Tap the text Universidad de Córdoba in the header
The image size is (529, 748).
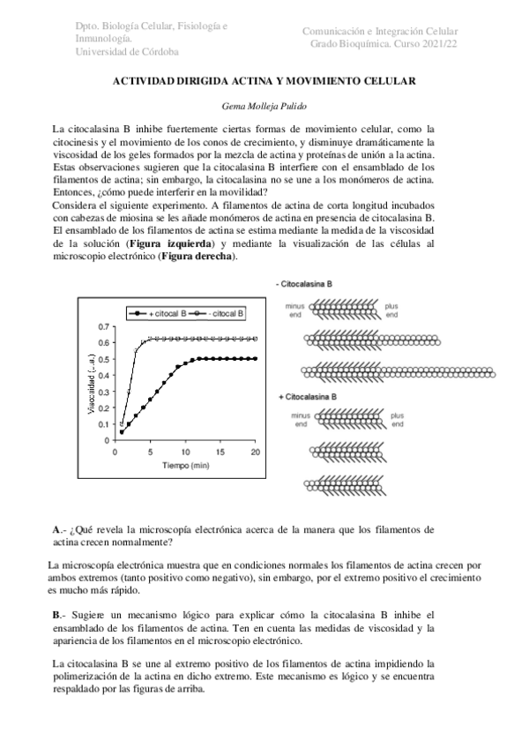[129, 52]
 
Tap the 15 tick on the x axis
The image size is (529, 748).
[220, 452]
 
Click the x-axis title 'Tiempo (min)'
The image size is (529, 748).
[184, 464]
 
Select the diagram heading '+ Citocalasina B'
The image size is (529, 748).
[305, 397]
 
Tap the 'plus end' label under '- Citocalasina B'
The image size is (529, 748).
[391, 310]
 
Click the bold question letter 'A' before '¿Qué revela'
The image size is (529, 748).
[56, 529]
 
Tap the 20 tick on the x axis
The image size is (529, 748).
[255, 452]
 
